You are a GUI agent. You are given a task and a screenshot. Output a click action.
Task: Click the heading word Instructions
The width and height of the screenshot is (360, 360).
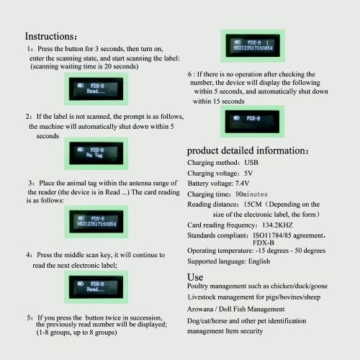[x=50, y=36]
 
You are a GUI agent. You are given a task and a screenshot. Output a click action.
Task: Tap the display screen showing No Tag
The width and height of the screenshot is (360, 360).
[x=96, y=153]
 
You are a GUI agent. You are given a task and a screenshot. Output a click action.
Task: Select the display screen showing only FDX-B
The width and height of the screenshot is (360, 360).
[x=252, y=122]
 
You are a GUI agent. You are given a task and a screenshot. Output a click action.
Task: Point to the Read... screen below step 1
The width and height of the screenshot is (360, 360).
[x=96, y=89]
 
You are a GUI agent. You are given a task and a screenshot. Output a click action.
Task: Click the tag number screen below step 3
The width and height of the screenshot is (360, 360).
[x=96, y=222]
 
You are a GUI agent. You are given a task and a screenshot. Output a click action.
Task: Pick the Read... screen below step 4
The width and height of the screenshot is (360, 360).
[x=96, y=287]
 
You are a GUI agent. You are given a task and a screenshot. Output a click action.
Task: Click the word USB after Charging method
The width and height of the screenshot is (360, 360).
[x=251, y=163]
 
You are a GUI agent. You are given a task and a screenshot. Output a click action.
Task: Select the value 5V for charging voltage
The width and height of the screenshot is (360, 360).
[x=248, y=173]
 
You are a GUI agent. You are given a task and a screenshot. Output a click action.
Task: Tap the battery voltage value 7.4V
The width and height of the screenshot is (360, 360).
[x=242, y=184]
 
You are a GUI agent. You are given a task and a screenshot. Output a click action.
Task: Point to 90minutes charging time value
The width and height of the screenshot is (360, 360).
[x=251, y=194]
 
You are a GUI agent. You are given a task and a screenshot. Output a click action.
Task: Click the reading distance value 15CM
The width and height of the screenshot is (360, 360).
[x=253, y=204]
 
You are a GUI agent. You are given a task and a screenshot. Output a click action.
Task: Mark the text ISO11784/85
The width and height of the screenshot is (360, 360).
[x=272, y=235]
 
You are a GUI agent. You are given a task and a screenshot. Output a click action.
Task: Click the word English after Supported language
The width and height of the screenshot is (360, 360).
[x=259, y=261]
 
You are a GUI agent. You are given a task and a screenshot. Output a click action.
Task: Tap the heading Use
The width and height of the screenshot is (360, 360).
[x=195, y=277]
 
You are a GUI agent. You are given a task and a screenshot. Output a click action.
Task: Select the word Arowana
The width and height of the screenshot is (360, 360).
[x=200, y=309]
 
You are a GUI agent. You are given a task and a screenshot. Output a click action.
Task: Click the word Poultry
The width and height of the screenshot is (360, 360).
[x=197, y=286]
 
